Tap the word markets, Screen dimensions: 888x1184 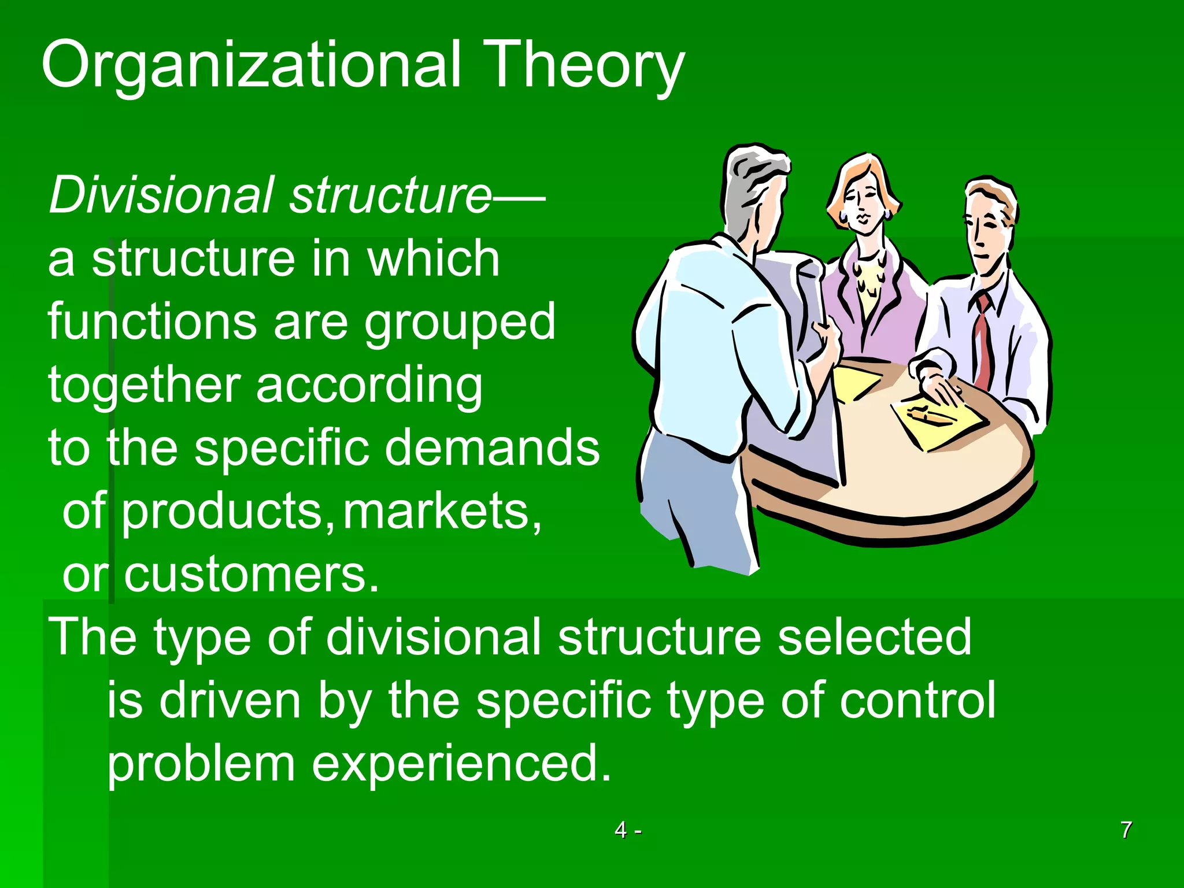pyautogui.click(x=442, y=511)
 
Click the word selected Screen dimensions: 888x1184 pyautogui.click(x=874, y=637)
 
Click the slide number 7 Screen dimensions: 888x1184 pyautogui.click(x=1126, y=830)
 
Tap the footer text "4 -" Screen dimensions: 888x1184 pyautogui.click(x=628, y=830)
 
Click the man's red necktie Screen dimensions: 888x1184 pyautogui.click(x=983, y=341)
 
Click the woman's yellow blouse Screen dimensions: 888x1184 pyautogui.click(x=867, y=295)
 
